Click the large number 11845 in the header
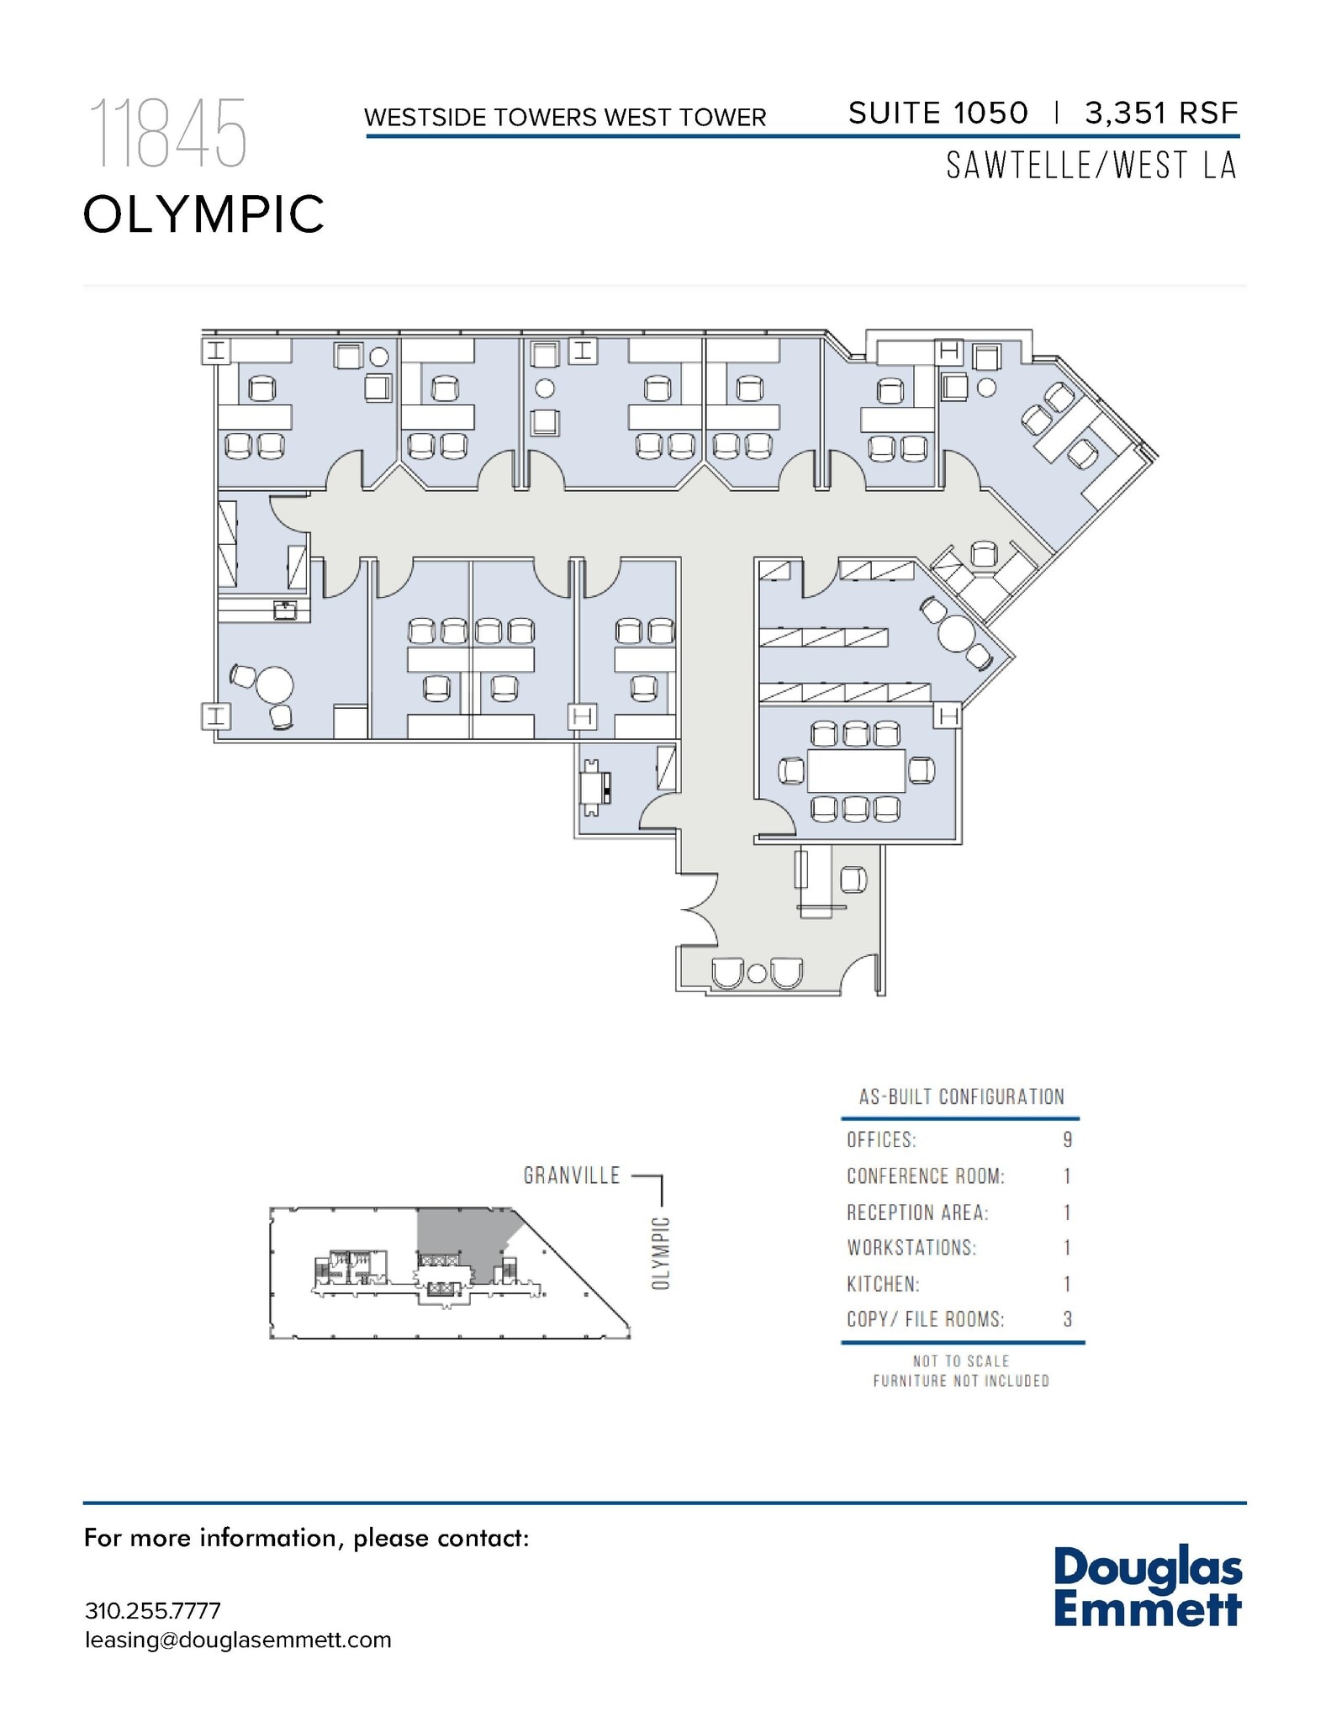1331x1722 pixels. point(167,134)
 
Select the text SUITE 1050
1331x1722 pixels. point(938,113)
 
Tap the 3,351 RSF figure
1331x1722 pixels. point(1161,113)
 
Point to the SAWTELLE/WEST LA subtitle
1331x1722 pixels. point(1091,166)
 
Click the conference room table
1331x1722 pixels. point(856,770)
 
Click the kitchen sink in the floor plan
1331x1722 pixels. point(285,610)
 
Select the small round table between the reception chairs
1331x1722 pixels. point(757,974)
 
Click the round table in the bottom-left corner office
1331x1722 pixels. point(274,684)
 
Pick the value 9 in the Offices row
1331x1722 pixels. point(1067,1140)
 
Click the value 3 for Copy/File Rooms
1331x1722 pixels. point(1067,1319)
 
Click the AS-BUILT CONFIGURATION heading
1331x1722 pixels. point(961,1096)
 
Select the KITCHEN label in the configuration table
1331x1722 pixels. point(883,1284)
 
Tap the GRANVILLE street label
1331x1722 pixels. point(572,1175)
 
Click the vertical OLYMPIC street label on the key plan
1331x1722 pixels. point(661,1253)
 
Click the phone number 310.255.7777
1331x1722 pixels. point(152,1611)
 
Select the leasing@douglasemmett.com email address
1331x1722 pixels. point(238,1640)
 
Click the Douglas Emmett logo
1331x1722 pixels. point(1147,1587)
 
